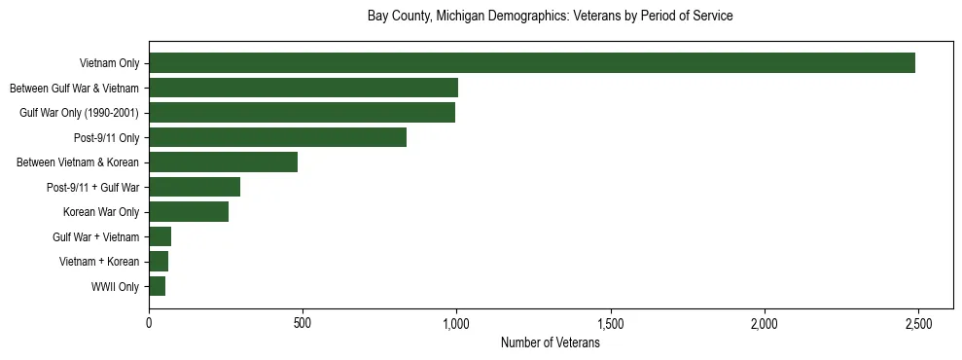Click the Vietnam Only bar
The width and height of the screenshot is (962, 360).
coord(531,63)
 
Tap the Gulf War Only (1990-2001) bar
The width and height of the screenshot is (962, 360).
coord(302,113)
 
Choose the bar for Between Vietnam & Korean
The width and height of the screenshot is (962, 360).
coord(223,162)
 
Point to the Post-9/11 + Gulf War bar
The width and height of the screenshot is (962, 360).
coord(195,187)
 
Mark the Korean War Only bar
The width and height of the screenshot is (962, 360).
coord(189,212)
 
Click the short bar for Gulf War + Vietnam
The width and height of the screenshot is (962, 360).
coord(160,236)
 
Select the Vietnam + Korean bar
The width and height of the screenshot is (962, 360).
coord(159,262)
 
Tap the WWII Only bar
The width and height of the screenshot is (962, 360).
coord(158,286)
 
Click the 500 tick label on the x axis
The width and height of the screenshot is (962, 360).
coord(303,322)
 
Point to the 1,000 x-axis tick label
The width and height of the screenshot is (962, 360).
coord(456,322)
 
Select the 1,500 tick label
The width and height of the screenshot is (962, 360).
coord(611,322)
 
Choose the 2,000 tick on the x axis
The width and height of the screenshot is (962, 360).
coord(765,322)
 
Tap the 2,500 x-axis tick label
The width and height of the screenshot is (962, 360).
coord(918,322)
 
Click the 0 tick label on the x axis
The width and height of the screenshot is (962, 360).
coord(149,322)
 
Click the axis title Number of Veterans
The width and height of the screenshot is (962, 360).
coord(550,343)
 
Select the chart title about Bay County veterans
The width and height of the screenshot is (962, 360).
coord(550,17)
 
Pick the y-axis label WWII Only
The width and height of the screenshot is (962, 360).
coord(115,287)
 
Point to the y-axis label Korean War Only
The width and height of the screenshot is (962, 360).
coord(101,212)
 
